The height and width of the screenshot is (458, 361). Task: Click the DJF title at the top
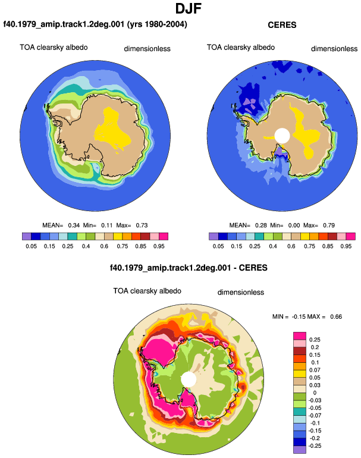click(189, 8)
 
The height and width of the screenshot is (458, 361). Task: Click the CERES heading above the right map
click(282, 25)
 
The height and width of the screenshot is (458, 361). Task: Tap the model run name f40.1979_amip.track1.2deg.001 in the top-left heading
click(64, 24)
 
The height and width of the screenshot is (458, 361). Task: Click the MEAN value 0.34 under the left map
click(74, 225)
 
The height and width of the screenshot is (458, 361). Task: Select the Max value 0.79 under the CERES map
click(328, 225)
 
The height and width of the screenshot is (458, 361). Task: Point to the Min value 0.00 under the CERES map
click(294, 225)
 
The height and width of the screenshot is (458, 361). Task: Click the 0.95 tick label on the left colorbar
click(159, 246)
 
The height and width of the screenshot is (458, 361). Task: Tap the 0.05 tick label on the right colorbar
click(218, 246)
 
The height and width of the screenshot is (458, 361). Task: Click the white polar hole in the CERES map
click(282, 136)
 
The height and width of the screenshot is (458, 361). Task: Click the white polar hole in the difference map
click(189, 379)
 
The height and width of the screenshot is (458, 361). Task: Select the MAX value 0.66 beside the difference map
click(336, 316)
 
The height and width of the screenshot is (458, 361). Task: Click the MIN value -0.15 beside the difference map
click(299, 316)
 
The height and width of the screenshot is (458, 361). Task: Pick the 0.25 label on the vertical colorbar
click(315, 340)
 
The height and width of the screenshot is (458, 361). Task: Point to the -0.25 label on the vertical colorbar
click(315, 446)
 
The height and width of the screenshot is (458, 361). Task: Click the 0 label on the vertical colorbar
click(315, 393)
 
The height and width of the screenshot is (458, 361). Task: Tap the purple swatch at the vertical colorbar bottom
click(300, 450)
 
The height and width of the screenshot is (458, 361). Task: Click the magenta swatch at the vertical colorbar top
click(300, 336)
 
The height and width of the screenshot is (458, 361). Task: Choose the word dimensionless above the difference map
click(241, 292)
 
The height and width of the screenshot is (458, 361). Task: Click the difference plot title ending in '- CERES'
click(189, 268)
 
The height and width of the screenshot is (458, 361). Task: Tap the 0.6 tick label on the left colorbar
click(104, 246)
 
